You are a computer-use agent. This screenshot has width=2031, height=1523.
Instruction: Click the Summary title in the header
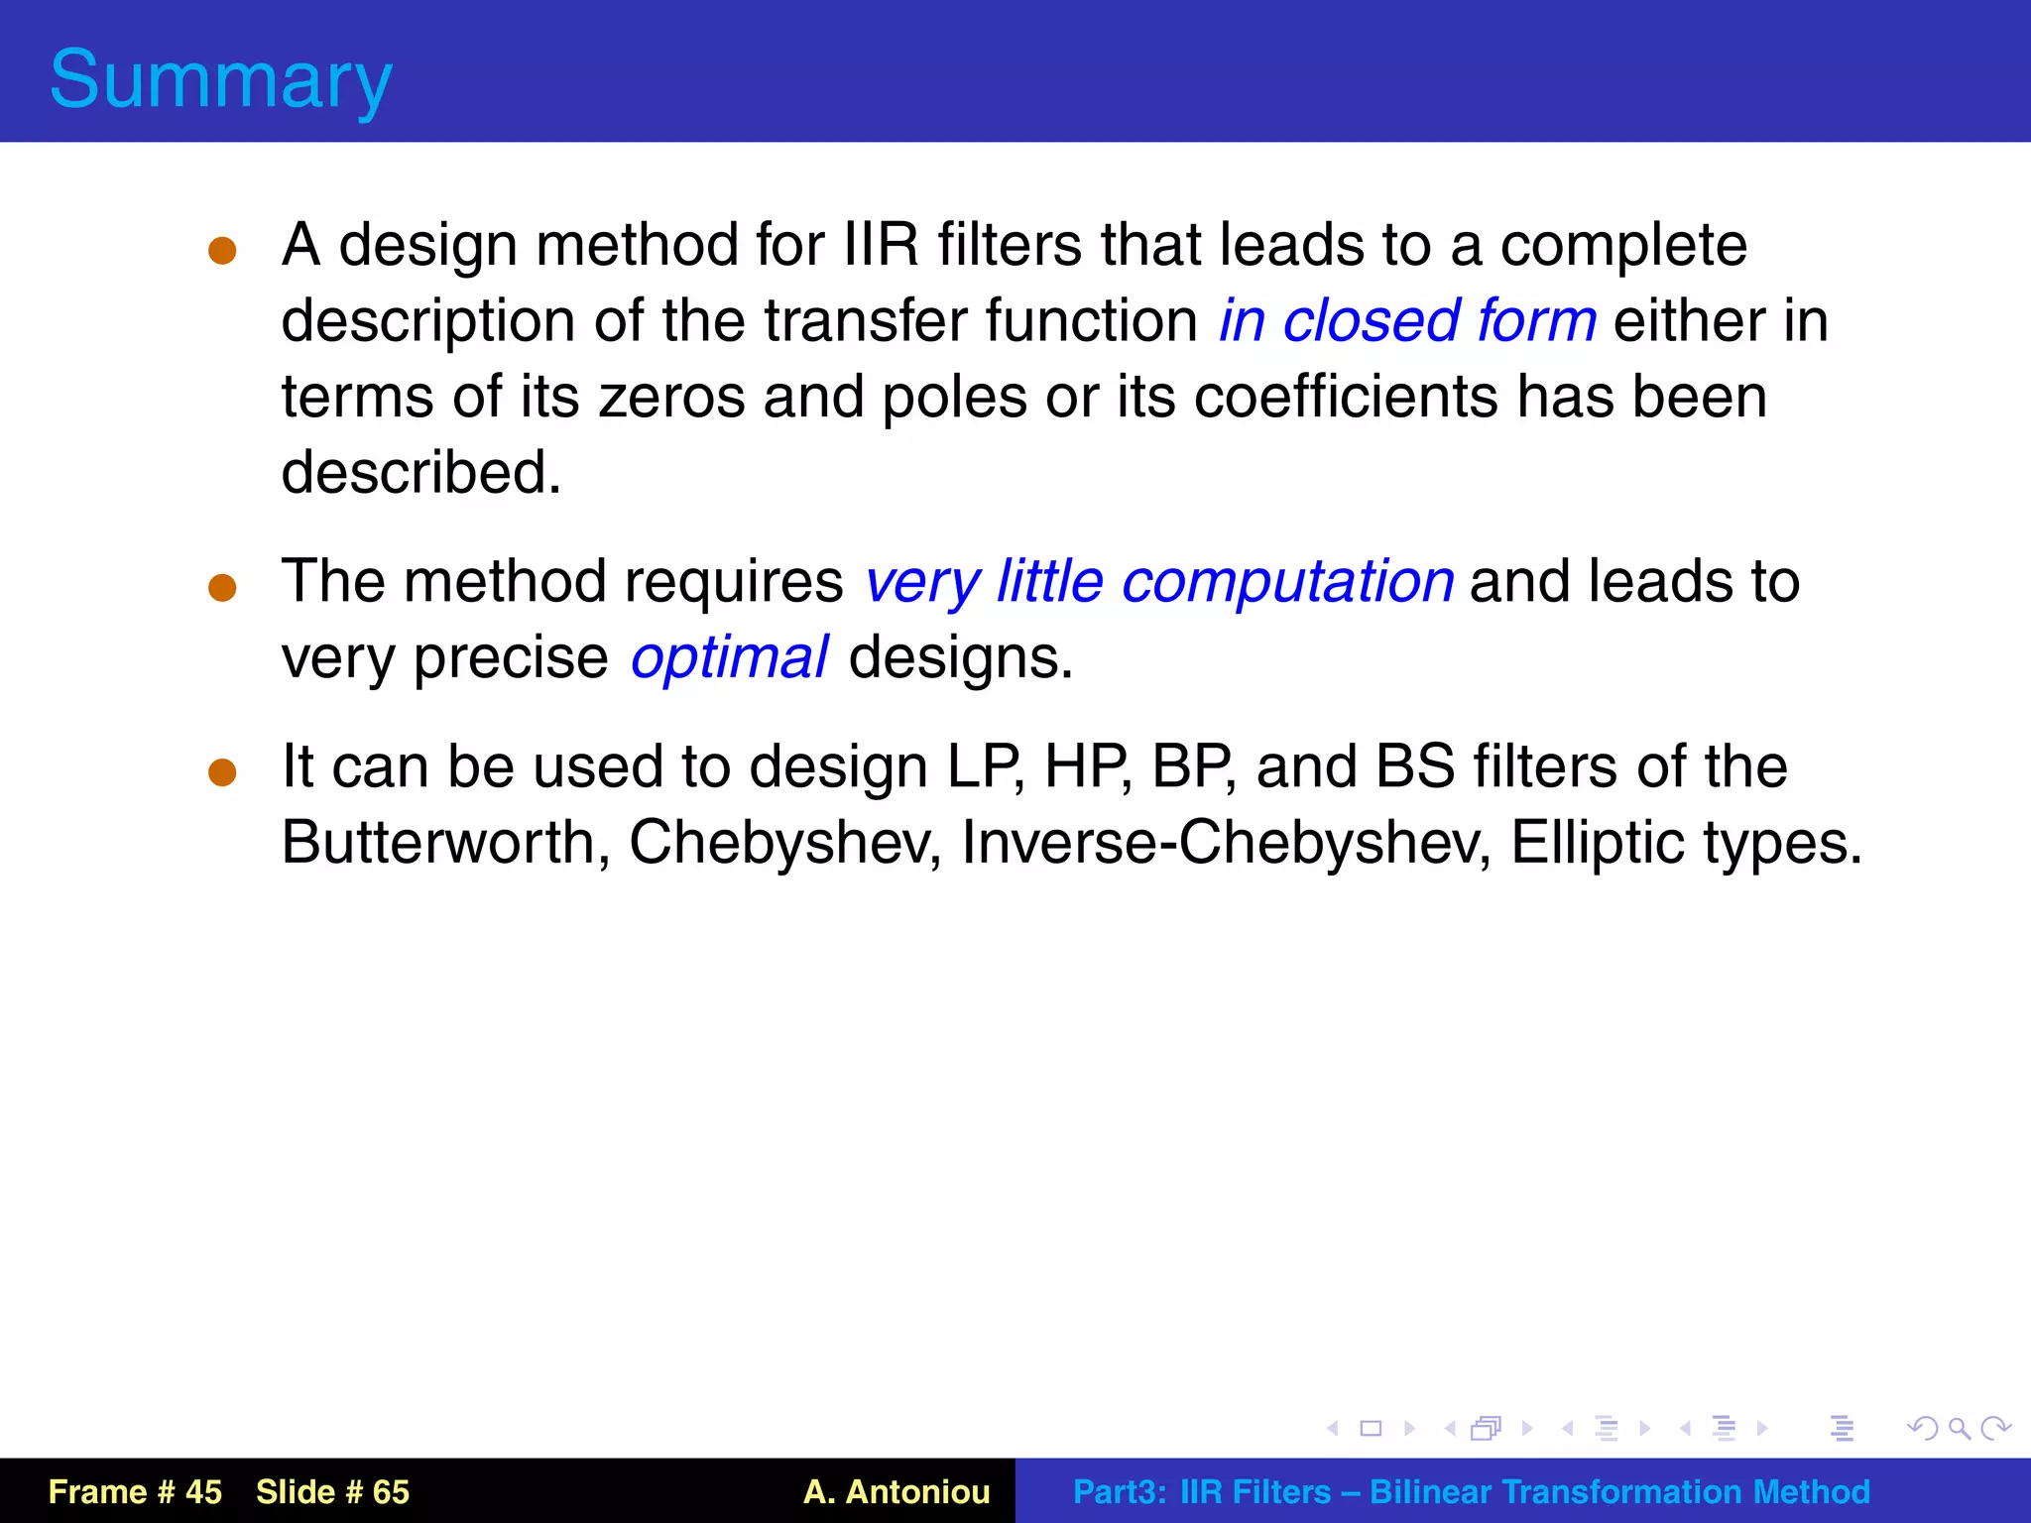221,79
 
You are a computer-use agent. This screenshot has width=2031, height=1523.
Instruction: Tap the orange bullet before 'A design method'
222,250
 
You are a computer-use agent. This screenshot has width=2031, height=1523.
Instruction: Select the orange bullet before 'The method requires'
222,587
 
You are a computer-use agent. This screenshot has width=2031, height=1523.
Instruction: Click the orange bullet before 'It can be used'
222,772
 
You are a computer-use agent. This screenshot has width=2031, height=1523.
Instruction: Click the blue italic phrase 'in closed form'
1407,320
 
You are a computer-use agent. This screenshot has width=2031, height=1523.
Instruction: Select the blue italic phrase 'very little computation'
1159,581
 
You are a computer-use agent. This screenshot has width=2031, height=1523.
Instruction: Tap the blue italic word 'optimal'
729,657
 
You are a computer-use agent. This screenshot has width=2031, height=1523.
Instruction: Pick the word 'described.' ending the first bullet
421,472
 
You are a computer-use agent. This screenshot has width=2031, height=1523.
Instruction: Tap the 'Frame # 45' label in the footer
135,1491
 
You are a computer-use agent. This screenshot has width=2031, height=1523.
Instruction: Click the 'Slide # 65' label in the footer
332,1491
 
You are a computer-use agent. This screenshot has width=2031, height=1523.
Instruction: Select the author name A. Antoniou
896,1491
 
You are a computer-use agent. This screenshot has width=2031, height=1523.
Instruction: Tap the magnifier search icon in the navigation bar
1959,1428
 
